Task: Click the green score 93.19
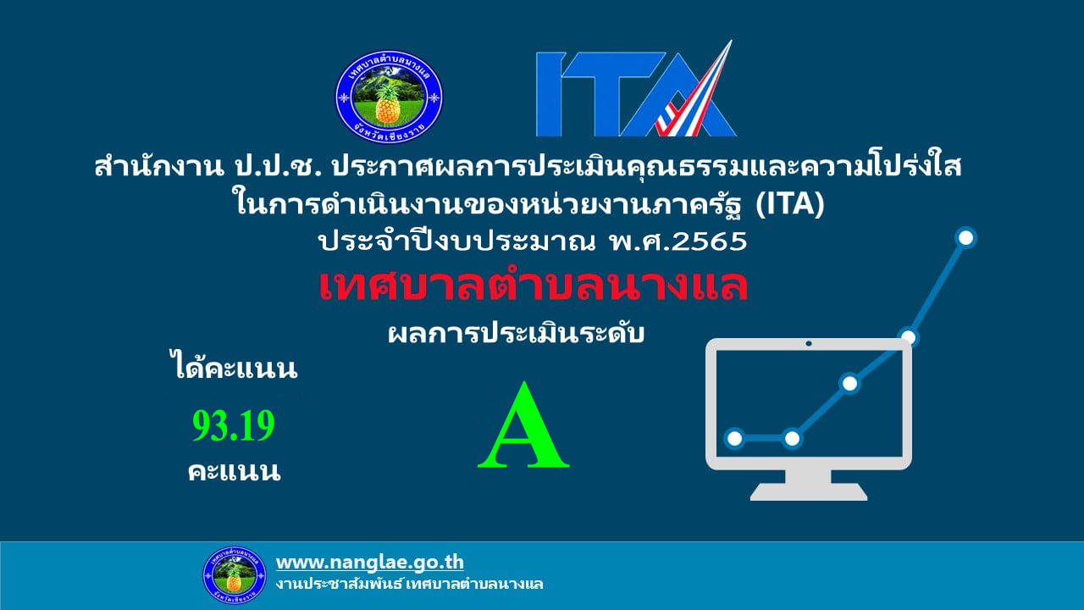[234, 425]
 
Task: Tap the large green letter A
[523, 425]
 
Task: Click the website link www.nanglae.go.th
[370, 563]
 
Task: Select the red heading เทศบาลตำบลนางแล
[534, 286]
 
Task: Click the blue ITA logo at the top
[636, 89]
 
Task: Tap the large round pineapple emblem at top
[389, 97]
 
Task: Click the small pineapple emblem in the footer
[235, 575]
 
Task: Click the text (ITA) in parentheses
[790, 203]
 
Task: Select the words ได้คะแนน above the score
[235, 369]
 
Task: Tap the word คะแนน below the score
[235, 471]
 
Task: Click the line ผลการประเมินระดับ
[516, 333]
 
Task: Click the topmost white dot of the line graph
[966, 238]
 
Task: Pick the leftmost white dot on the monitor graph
[734, 439]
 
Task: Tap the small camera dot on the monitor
[809, 344]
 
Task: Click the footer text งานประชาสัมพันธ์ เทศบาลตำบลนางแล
[409, 584]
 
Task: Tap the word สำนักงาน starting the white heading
[158, 166]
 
